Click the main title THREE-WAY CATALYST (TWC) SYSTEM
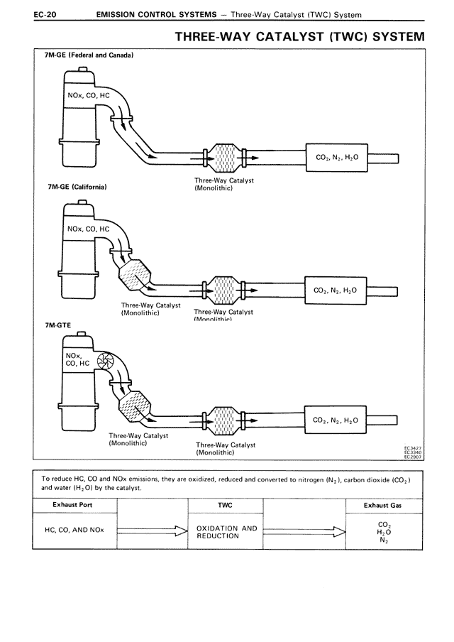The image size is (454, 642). pyautogui.click(x=299, y=36)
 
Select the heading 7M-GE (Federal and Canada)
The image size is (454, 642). pyautogui.click(x=89, y=55)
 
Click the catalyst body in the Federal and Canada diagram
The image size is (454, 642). pyautogui.click(x=223, y=157)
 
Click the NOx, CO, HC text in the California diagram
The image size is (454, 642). pyautogui.click(x=88, y=229)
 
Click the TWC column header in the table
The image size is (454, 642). pyautogui.click(x=225, y=505)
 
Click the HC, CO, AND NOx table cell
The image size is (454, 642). pyautogui.click(x=74, y=530)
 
